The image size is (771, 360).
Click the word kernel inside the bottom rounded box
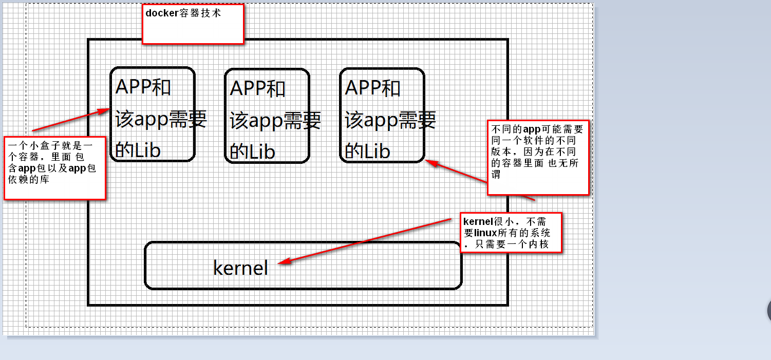pyautogui.click(x=240, y=268)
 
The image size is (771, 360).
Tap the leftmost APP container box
pyautogui.click(x=153, y=114)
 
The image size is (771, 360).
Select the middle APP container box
pyautogui.click(x=267, y=116)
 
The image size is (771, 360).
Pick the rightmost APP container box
pyautogui.click(x=382, y=115)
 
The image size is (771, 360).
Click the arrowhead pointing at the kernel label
pyautogui.click(x=284, y=262)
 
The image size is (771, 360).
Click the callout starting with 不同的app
pyautogui.click(x=538, y=157)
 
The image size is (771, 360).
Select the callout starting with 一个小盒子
pyautogui.click(x=54, y=167)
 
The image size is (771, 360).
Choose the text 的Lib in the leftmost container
pyautogui.click(x=138, y=150)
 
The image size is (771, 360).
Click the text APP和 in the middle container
pyautogui.click(x=257, y=88)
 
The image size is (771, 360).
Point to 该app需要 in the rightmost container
pyautogui.click(x=390, y=120)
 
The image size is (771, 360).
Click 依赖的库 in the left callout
pyautogui.click(x=28, y=180)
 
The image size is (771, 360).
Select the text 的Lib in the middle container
pyautogui.click(x=252, y=151)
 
